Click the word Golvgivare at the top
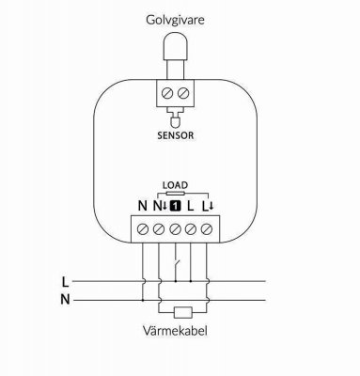(178, 19)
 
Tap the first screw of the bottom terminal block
(143, 228)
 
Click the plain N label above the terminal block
(142, 205)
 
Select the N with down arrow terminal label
(159, 205)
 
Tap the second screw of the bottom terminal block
(160, 228)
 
